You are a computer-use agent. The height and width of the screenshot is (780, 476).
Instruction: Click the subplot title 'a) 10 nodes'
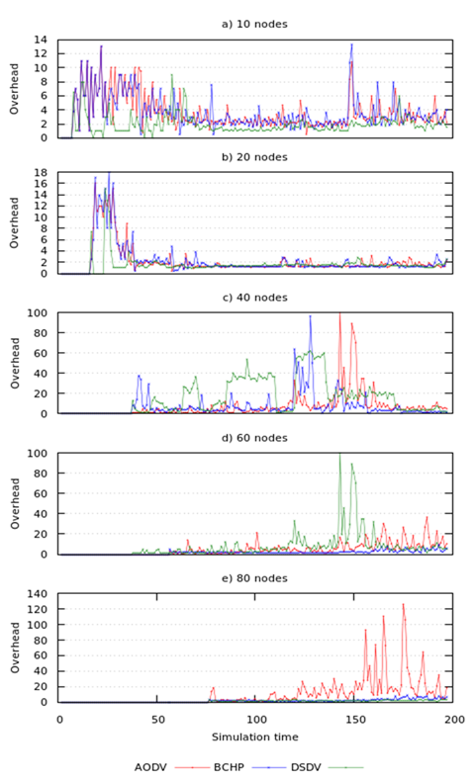(255, 22)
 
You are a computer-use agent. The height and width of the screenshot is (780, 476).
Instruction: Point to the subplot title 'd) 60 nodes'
(255, 437)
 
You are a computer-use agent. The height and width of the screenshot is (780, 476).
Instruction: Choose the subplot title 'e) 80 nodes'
(255, 576)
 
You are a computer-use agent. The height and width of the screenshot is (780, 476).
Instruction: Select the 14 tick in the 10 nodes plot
(42, 40)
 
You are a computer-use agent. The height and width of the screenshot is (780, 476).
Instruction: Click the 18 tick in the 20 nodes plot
(42, 173)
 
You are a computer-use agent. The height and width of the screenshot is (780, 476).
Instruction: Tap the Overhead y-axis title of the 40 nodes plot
(14, 363)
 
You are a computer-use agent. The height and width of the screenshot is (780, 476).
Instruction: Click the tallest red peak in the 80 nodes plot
(403, 604)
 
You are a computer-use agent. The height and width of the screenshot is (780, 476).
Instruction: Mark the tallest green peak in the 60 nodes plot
(339, 455)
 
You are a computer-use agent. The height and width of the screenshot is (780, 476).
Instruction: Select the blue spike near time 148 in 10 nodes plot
(350, 44)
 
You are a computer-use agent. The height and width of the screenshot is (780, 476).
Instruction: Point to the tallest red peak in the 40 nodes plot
(340, 314)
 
